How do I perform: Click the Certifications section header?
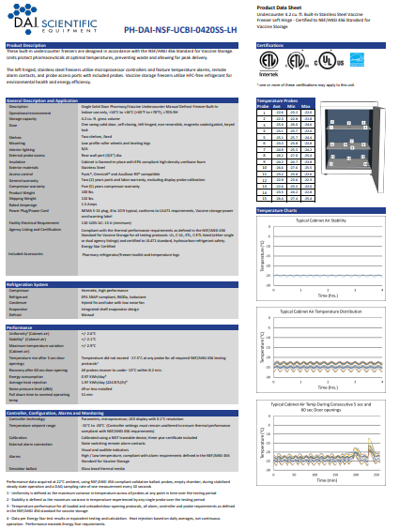coord(273,44)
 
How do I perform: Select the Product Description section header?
coord(28,44)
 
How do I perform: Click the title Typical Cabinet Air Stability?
coord(322,221)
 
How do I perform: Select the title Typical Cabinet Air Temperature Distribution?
coord(322,282)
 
